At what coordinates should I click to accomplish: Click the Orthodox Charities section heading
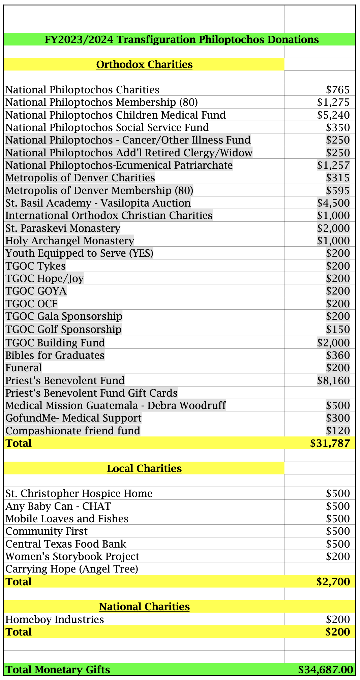click(x=144, y=64)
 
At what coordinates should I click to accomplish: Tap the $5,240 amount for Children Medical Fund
click(x=333, y=115)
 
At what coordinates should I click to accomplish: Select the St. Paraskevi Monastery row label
click(x=63, y=228)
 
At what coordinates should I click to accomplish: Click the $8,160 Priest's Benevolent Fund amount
click(x=333, y=380)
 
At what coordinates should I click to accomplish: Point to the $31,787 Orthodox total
click(x=330, y=443)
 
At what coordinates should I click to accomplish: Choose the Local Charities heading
click(x=144, y=468)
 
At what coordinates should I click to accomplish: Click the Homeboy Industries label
click(x=55, y=619)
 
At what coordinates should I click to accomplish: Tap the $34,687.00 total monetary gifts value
click(x=326, y=669)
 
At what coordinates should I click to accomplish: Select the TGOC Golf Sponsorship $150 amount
click(x=338, y=329)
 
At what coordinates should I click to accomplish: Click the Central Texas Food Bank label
click(x=66, y=544)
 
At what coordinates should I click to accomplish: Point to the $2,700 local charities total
click(x=333, y=582)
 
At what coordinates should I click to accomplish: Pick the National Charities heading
click(x=144, y=607)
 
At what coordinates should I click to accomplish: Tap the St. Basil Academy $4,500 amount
click(x=333, y=203)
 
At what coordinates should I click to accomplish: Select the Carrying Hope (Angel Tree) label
click(x=72, y=569)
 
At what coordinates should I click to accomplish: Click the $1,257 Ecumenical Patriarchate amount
click(x=333, y=165)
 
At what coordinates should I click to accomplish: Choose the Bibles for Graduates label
click(x=55, y=355)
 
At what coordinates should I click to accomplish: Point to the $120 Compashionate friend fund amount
click(x=338, y=431)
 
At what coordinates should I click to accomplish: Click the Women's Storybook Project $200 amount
click(x=338, y=556)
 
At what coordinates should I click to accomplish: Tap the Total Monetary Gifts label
click(x=58, y=669)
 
